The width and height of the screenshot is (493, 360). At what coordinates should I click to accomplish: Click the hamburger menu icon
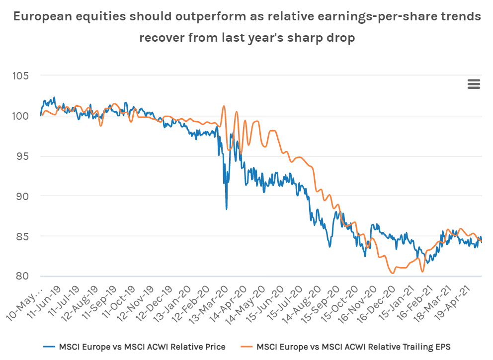(x=474, y=84)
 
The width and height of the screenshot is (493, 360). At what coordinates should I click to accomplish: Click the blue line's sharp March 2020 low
(x=227, y=209)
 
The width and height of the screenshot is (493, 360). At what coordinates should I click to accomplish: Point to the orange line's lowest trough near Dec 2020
(x=393, y=273)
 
